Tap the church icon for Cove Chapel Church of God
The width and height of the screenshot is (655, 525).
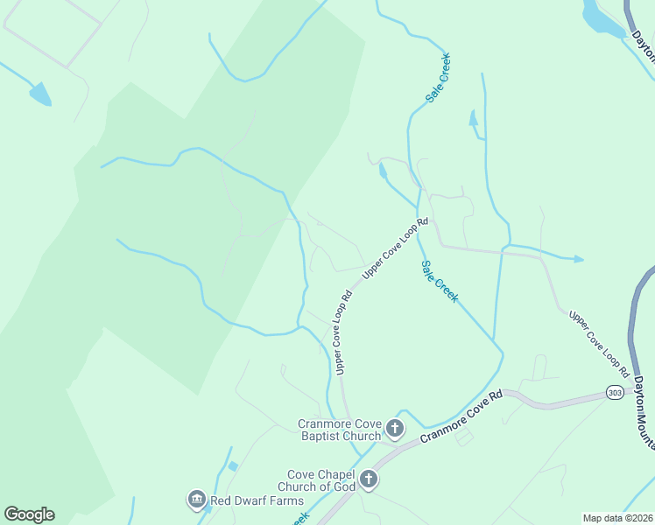pyautogui.click(x=369, y=479)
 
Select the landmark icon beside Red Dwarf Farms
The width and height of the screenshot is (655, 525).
pyautogui.click(x=196, y=500)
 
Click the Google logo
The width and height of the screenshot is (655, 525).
pyautogui.click(x=29, y=514)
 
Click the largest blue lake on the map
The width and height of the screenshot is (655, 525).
pyautogui.click(x=603, y=17)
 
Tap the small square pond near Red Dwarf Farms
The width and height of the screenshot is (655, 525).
pyautogui.click(x=232, y=466)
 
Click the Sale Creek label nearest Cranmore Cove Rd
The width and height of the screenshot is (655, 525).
pyautogui.click(x=439, y=282)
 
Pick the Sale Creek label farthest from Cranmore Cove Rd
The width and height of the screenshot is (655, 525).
pyautogui.click(x=439, y=79)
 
